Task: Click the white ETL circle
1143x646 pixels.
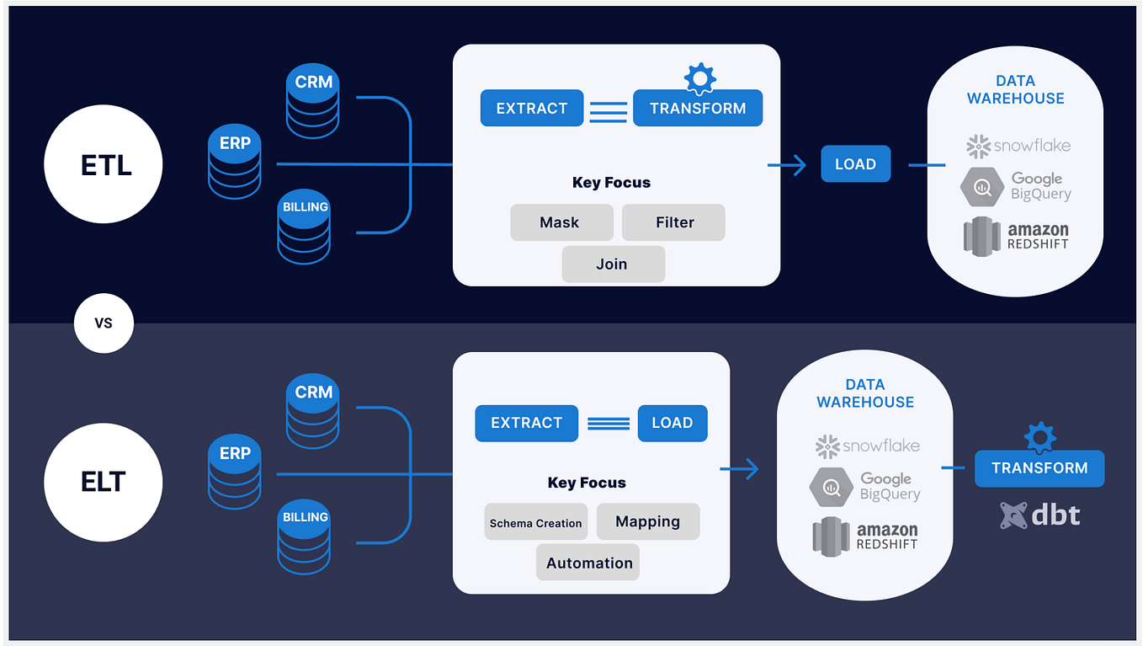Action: pos(103,164)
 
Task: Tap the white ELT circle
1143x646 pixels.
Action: pos(103,482)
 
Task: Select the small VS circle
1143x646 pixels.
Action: pos(104,323)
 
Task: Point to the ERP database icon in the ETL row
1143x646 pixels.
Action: pos(235,163)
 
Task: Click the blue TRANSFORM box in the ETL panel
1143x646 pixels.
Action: pos(697,109)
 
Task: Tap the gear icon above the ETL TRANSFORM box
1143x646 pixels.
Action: pos(699,78)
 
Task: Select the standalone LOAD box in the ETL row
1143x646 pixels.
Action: pos(855,164)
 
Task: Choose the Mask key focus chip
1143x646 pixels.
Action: pos(560,222)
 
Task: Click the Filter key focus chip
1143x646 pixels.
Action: pos(674,222)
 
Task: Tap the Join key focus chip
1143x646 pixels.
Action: pos(612,264)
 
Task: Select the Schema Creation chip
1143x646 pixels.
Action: pos(536,522)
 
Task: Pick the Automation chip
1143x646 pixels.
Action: pos(588,563)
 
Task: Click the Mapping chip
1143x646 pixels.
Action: pos(647,521)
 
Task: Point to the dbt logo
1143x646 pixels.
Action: pos(1039,515)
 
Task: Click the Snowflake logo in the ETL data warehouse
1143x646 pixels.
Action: pos(1018,146)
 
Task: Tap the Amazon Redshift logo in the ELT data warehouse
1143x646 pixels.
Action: pos(864,537)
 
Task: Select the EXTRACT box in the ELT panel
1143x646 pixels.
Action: pos(526,423)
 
